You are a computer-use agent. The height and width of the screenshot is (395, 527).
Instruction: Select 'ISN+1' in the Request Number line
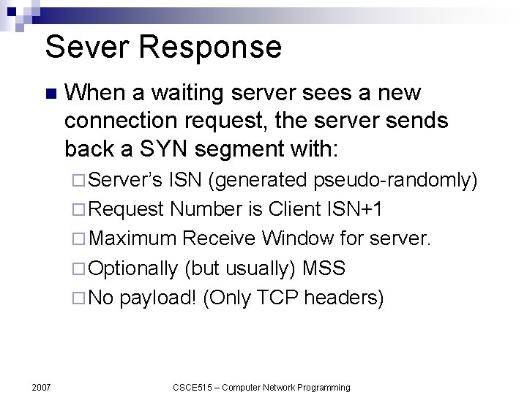tap(356, 210)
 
